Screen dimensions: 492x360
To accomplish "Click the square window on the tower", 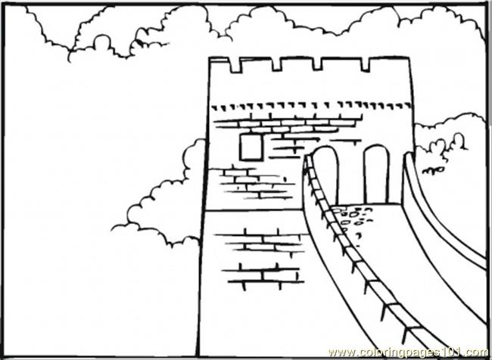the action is (251, 147).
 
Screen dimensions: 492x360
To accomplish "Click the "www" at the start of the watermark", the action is (338, 352).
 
